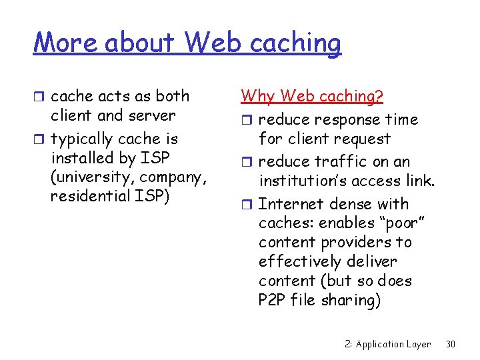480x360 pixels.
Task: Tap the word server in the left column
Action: point(152,115)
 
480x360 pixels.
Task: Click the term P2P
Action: point(272,300)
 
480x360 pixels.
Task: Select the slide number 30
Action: point(451,344)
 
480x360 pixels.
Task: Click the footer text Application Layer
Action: point(393,344)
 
